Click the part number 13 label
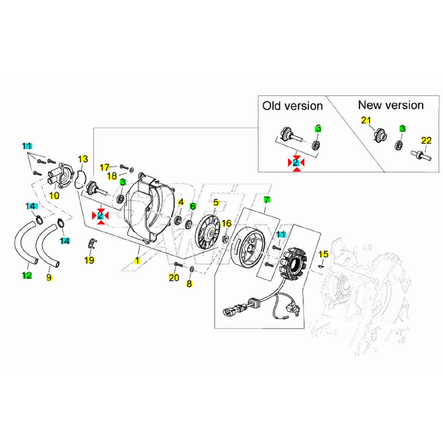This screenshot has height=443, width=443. tap(83, 159)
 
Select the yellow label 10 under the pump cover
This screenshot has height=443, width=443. tap(54, 196)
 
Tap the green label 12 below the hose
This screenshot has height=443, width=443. tap(27, 276)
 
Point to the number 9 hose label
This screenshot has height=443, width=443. tap(49, 277)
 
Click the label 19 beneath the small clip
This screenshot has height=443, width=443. tap(89, 260)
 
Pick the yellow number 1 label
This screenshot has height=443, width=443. tap(137, 261)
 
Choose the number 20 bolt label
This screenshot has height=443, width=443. tap(174, 277)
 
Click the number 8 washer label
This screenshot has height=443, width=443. tap(189, 284)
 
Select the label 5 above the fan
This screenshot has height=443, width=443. tap(216, 203)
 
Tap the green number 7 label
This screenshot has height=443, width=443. tap(266, 199)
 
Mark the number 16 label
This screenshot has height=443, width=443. tap(227, 224)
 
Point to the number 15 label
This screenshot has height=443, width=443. tap(323, 254)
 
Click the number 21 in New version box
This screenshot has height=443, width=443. tap(366, 120)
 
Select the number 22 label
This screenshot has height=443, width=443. tap(426, 141)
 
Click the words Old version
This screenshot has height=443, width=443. tap(292, 106)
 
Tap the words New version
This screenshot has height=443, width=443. tap(391, 105)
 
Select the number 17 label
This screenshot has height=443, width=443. tap(105, 167)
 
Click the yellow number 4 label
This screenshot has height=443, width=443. tap(181, 202)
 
